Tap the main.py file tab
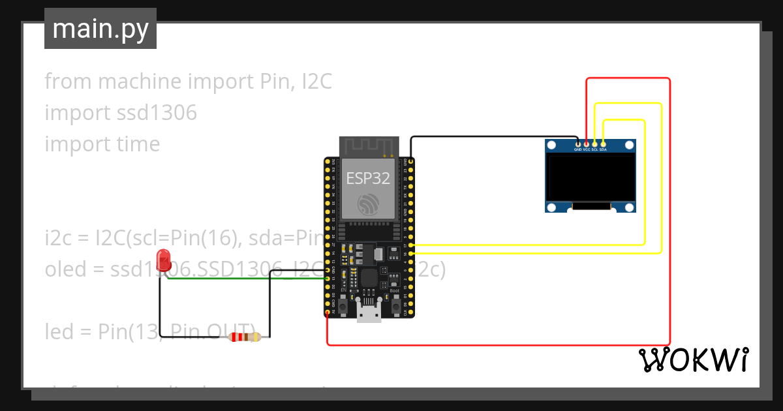coord(100,29)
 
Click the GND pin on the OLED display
coord(578,144)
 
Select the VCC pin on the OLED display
coord(587,144)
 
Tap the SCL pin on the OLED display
coord(595,144)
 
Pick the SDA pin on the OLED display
coord(604,144)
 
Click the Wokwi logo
coord(693,359)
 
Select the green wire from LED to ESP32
coord(248,279)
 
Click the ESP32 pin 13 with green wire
coord(328,279)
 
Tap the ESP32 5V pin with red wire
coord(328,312)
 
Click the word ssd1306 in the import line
coord(156,113)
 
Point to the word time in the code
coord(137,144)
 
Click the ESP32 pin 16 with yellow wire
coord(411,253)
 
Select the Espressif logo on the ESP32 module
coord(368,205)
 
